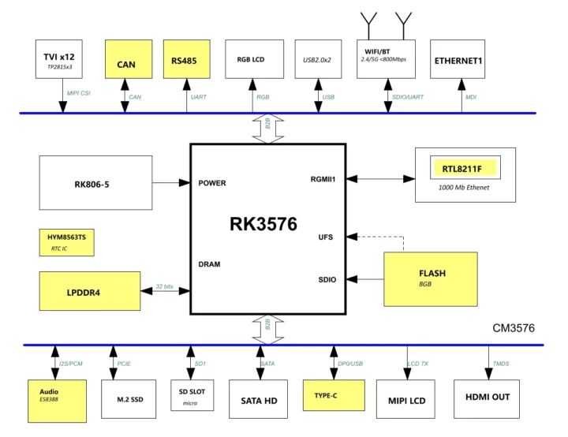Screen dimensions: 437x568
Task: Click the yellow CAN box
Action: (128, 59)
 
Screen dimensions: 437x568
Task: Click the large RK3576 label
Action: (263, 224)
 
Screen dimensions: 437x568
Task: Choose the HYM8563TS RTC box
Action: (67, 242)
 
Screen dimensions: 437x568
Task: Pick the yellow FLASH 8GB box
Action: (431, 278)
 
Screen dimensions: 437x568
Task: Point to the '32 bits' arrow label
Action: (164, 286)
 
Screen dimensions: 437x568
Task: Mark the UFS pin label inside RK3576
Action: (327, 237)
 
